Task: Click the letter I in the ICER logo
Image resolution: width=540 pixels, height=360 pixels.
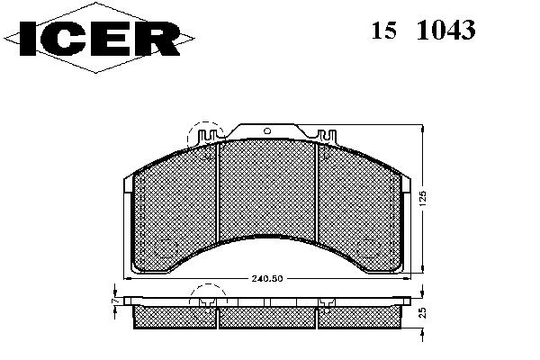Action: click(28, 38)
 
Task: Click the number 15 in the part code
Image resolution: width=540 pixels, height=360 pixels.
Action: click(383, 30)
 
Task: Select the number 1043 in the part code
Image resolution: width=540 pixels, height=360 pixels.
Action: click(446, 30)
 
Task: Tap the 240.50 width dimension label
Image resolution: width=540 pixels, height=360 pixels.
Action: click(267, 278)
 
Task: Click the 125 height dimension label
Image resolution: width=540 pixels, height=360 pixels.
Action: click(423, 199)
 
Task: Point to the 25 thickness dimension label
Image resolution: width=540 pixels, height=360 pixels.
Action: click(423, 312)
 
